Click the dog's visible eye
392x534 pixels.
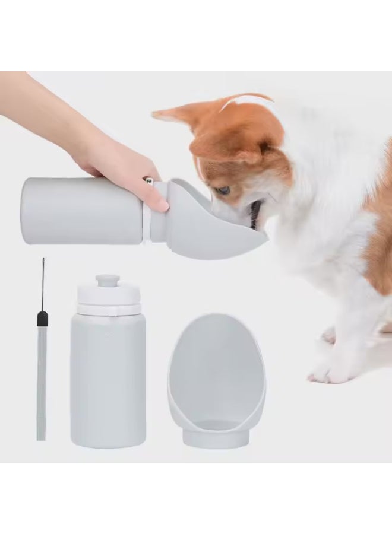pos(223,190)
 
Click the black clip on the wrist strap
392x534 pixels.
pos(42,319)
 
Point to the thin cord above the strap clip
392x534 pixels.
pos(43,285)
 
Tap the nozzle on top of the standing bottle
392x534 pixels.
pos(108,281)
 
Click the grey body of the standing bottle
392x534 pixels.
pos(108,380)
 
